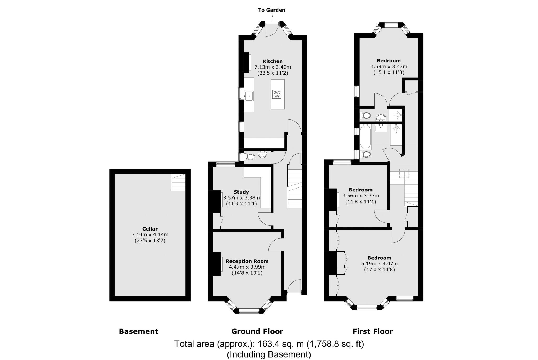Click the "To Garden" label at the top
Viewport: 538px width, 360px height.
tap(272, 10)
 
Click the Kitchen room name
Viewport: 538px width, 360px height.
tap(273, 61)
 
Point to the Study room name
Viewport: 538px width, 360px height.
tap(241, 192)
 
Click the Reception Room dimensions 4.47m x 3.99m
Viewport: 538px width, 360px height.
tap(247, 267)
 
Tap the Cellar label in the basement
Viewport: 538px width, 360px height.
tap(150, 229)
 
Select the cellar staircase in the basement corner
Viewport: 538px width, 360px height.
tap(178, 182)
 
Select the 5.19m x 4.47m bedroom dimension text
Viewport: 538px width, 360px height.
tap(379, 264)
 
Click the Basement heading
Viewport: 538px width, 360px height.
tap(138, 331)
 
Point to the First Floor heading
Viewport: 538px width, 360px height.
tap(373, 331)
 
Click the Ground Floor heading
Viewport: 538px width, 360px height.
tap(257, 331)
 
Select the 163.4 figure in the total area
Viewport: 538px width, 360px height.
tap(267, 344)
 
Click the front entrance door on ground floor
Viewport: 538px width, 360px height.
tap(294, 288)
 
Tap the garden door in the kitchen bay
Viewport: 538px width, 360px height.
tap(272, 30)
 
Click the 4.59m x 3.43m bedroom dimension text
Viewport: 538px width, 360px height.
tap(389, 66)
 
